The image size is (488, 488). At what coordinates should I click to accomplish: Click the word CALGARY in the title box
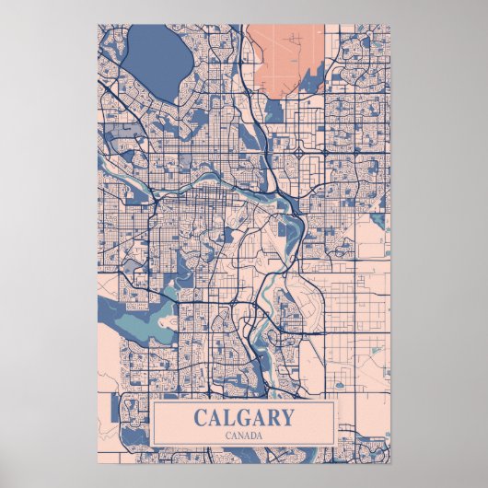tap(244, 417)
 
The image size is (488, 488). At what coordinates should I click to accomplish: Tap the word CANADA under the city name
tap(244, 435)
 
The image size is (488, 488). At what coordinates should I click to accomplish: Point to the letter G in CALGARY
tap(241, 417)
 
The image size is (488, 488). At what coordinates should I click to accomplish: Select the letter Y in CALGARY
tap(286, 417)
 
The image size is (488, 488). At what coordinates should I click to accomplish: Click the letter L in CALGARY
tap(227, 417)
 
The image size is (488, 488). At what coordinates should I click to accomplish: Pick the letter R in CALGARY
tap(272, 417)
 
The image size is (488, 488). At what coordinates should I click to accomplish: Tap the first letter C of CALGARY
tap(201, 417)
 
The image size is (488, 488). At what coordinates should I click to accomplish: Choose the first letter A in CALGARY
tap(214, 417)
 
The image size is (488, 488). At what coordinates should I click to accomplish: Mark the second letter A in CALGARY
tap(256, 417)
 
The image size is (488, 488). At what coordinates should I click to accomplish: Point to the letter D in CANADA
tap(252, 435)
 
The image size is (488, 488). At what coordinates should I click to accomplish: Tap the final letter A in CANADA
tap(261, 435)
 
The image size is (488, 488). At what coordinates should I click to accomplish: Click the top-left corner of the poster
tap(97, 25)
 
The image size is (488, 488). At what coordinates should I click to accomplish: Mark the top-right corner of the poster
tap(390, 25)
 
